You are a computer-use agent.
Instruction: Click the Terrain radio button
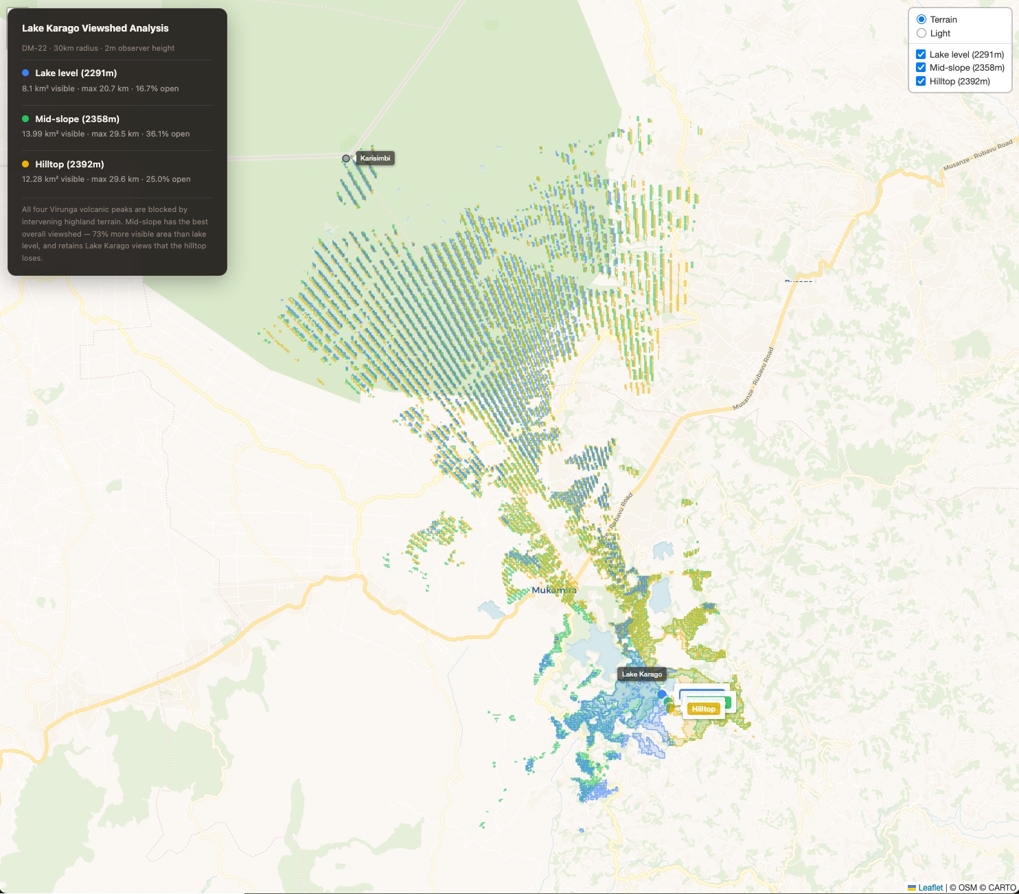pyautogui.click(x=921, y=19)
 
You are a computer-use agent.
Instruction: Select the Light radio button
pyautogui.click(x=921, y=33)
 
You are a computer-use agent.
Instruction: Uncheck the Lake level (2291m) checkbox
pyautogui.click(x=921, y=54)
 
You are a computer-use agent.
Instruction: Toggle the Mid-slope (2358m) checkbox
pyautogui.click(x=921, y=67)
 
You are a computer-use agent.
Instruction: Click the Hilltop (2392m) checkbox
pyautogui.click(x=921, y=81)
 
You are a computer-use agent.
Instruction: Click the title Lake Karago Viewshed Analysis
pyautogui.click(x=95, y=28)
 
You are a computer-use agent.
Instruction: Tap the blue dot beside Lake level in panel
pyautogui.click(x=25, y=73)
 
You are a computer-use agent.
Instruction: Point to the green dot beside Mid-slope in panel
pyautogui.click(x=25, y=119)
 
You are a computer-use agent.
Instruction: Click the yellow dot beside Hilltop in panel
pyautogui.click(x=25, y=164)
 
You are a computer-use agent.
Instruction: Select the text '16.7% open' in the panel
pyautogui.click(x=157, y=89)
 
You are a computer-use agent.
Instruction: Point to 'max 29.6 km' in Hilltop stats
pyautogui.click(x=115, y=179)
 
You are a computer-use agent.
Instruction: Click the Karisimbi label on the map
pyautogui.click(x=375, y=158)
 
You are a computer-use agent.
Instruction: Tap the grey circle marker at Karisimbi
pyautogui.click(x=346, y=158)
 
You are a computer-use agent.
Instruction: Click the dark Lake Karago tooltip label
pyautogui.click(x=641, y=674)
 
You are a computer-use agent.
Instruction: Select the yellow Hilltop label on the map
pyautogui.click(x=703, y=709)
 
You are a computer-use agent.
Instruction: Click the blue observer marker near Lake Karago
pyautogui.click(x=662, y=694)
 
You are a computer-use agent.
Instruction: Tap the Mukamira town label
pyautogui.click(x=553, y=590)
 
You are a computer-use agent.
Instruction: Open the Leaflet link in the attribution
pyautogui.click(x=930, y=887)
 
